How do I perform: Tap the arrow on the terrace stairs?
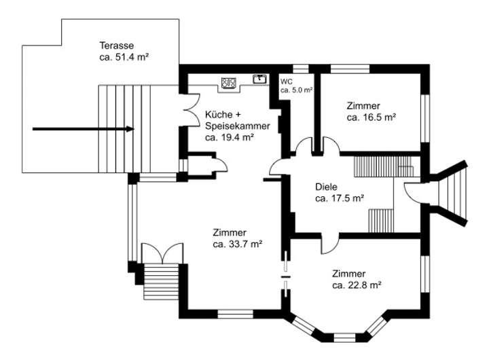(x=82, y=128)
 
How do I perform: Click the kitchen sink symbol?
(x=259, y=79)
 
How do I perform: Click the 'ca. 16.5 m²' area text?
(x=371, y=117)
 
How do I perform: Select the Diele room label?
(x=327, y=187)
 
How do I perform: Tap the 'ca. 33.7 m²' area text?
(x=238, y=244)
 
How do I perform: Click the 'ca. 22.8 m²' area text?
(x=357, y=285)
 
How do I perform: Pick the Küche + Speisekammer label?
(x=237, y=120)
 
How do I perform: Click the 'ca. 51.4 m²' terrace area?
(x=124, y=58)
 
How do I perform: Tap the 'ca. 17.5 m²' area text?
(x=340, y=198)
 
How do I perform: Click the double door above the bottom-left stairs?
(x=162, y=253)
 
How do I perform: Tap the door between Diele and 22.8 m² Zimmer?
(x=327, y=243)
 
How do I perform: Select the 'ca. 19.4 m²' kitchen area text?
(x=230, y=137)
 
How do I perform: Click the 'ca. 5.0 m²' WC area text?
(x=297, y=90)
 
